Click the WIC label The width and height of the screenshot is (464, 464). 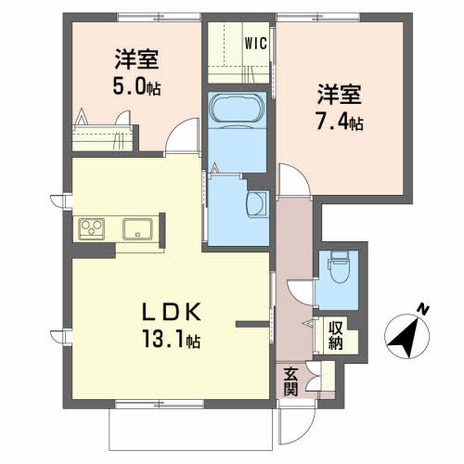point(255,44)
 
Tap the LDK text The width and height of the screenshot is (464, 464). point(172,312)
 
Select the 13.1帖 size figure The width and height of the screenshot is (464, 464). point(171,339)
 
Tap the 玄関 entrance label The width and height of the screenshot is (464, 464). point(290,381)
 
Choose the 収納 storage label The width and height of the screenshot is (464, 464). point(336,336)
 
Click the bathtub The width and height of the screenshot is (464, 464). point(238,108)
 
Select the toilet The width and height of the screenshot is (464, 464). point(340,266)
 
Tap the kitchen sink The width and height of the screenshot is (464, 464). point(137,229)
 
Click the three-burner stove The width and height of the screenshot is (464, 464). point(91,229)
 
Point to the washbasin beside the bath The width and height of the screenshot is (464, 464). point(257,204)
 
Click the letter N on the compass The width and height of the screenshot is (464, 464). point(422,310)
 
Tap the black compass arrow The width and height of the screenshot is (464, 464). point(405,338)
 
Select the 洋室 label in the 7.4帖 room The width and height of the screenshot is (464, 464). point(339,94)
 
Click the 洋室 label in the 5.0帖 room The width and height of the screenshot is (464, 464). point(137,58)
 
